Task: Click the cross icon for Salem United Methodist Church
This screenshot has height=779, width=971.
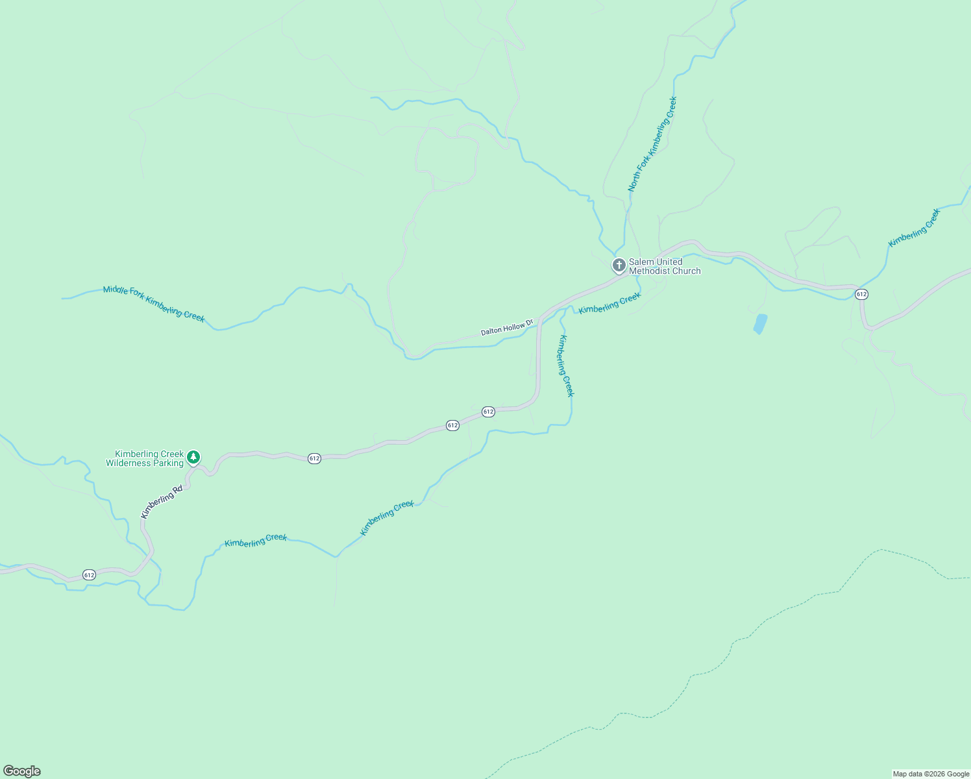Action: click(x=619, y=265)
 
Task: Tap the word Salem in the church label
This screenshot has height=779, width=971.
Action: click(x=642, y=262)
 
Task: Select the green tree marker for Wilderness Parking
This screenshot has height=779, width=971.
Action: click(x=193, y=458)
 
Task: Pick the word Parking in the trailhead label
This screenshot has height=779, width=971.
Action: click(x=168, y=464)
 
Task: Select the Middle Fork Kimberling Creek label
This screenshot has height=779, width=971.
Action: click(x=154, y=304)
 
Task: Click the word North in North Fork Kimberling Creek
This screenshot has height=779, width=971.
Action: click(x=633, y=181)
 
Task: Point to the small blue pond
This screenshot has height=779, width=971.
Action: click(x=760, y=323)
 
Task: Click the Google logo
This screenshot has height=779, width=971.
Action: click(x=22, y=771)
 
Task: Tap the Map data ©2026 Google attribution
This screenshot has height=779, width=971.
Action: click(x=931, y=774)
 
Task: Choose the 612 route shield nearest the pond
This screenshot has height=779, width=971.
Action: click(x=861, y=294)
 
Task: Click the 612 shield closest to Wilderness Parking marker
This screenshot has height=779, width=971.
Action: click(x=314, y=458)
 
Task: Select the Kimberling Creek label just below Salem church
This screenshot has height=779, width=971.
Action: click(x=609, y=303)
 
